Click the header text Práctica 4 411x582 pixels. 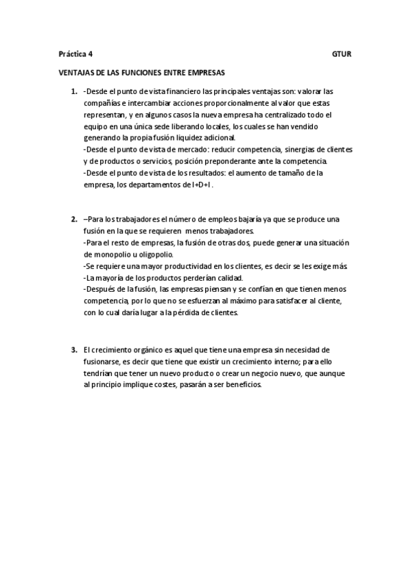75,53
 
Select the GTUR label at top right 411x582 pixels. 341,53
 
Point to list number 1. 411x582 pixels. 73,91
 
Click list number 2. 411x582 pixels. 73,219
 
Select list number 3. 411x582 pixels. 73,349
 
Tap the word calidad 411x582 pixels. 227,277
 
